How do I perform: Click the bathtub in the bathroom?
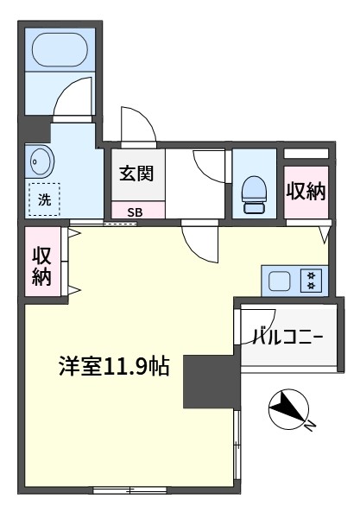point(60,49)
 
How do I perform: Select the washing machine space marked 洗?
point(44,199)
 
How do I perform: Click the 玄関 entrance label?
point(136,174)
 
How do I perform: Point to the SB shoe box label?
point(135,212)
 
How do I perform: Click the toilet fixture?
point(254,194)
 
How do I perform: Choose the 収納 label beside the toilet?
point(306,192)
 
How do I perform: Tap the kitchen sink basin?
point(279,281)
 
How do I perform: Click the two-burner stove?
point(311,281)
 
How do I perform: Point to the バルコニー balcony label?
point(287,337)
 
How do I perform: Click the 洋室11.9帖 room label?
point(114,366)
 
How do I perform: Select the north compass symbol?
point(289,408)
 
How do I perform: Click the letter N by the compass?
point(310,426)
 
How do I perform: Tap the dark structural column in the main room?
point(212,382)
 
